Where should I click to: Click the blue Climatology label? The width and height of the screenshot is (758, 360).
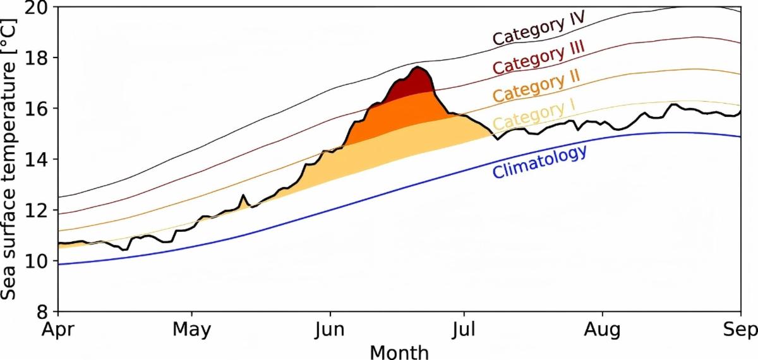point(539,162)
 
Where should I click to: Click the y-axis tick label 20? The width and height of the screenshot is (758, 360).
point(37,8)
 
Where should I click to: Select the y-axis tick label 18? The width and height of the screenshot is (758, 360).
point(37,58)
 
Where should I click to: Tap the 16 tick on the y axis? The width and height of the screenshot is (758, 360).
point(37,109)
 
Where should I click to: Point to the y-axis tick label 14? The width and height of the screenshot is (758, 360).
point(37,159)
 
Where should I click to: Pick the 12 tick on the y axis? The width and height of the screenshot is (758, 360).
point(37,210)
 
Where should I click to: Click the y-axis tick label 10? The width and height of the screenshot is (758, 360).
point(37,261)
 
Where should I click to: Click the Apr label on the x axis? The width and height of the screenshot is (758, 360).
point(58,330)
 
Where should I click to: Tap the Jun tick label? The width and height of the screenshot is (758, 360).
point(329,330)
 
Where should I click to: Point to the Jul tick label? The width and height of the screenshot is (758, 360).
point(464,330)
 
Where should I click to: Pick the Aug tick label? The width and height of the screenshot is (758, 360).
point(602,330)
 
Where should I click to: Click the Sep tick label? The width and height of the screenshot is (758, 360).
point(740,330)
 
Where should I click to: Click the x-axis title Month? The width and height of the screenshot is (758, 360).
point(399,351)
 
